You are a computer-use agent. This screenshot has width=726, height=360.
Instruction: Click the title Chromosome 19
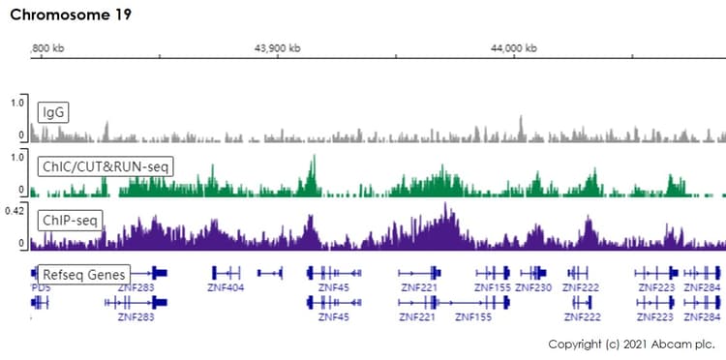71,15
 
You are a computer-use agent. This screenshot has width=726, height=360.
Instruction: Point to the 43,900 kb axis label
277,48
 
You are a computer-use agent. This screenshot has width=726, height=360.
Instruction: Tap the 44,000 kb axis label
515,48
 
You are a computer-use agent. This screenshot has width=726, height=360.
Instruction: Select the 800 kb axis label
48,48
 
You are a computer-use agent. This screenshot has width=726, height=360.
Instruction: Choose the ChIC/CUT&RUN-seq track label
106,166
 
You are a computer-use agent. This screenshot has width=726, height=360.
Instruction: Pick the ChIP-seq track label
69,221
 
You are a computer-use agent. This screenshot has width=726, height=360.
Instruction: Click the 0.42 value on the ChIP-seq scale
14,209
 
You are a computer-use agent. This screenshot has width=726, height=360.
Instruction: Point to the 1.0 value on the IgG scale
16,101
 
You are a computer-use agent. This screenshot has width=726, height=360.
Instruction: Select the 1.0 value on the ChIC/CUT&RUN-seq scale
16,155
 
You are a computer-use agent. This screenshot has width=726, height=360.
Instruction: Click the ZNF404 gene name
226,287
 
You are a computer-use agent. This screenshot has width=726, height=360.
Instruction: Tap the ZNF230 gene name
533,287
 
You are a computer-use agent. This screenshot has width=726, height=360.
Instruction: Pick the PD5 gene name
41,287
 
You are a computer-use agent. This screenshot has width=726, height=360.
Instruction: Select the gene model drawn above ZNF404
227,273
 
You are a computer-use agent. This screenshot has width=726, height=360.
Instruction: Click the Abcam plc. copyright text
631,344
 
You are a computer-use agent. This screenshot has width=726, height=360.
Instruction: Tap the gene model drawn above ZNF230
533,273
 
